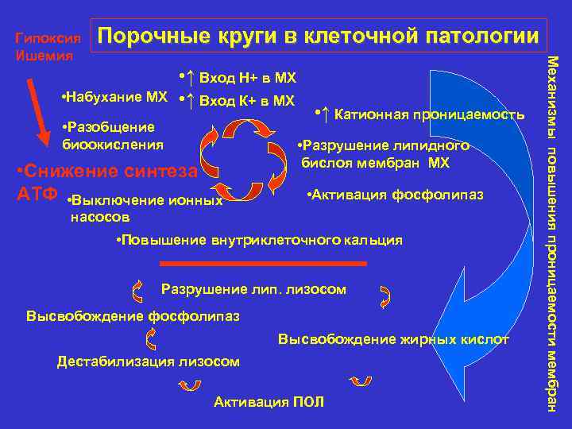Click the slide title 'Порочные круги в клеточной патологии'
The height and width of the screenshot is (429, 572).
[x=321, y=37]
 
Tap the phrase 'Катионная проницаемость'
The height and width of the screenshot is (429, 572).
[x=429, y=115]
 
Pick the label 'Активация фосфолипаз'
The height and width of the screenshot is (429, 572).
[x=394, y=195]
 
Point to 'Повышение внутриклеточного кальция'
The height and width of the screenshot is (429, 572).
[x=259, y=239]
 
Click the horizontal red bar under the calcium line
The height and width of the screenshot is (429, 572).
[x=263, y=262]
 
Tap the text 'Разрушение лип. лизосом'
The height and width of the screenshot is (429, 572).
[x=253, y=289]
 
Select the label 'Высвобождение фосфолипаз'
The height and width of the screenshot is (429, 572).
[x=133, y=315]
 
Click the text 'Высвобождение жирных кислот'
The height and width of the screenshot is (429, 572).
[x=393, y=339]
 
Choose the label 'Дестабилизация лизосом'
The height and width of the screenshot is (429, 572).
[x=148, y=361]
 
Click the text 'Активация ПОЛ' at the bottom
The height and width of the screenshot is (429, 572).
[x=269, y=402]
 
